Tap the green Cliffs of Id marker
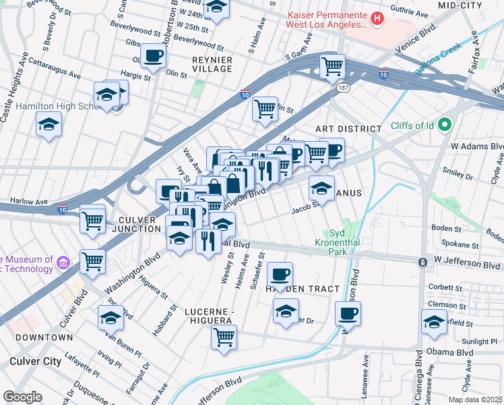[444, 125]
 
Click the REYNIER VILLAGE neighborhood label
[212, 65]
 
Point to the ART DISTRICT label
[342, 128]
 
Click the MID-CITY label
[460, 5]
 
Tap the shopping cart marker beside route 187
[332, 66]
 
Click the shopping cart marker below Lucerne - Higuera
[224, 337]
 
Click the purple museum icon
[63, 261]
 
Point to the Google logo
[22, 396]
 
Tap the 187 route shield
[343, 88]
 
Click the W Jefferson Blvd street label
[468, 259]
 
